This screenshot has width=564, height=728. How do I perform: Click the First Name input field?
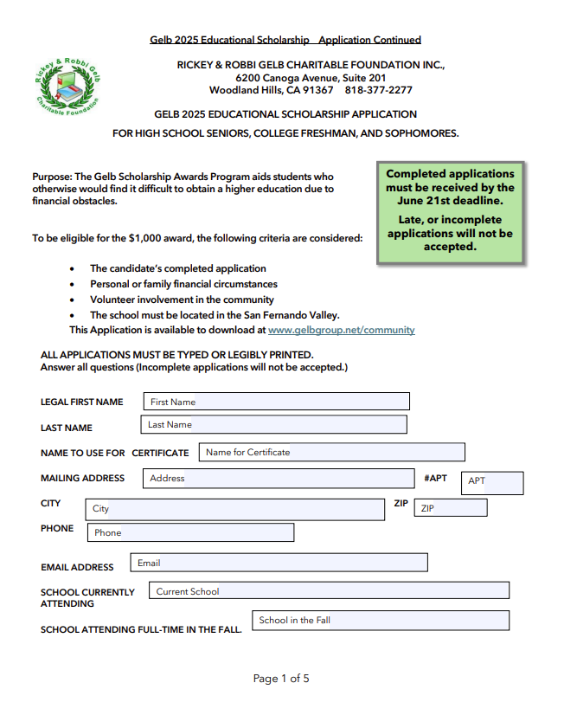[276, 402]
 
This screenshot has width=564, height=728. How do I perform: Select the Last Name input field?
[273, 425]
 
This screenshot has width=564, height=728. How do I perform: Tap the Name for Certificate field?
[331, 452]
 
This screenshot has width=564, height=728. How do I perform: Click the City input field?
[234, 509]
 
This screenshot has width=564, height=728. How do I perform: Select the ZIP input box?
[450, 508]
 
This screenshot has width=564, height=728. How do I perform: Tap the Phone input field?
[190, 532]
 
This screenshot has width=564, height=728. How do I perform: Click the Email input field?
[279, 563]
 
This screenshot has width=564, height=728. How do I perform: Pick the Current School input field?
[328, 591]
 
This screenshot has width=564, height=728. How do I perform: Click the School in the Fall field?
[380, 621]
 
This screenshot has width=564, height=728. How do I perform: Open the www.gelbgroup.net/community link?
[341, 330]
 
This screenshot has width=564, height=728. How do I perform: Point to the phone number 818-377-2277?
[378, 90]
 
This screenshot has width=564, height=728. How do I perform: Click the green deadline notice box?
[450, 210]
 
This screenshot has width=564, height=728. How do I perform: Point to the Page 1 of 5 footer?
[281, 679]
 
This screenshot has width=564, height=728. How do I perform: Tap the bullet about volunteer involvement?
[182, 300]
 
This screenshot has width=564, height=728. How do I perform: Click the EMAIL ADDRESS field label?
[77, 567]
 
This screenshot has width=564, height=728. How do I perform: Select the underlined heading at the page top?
[285, 40]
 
